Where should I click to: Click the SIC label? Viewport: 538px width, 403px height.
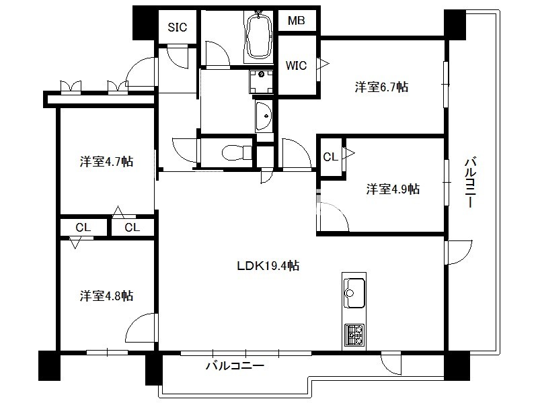point(178,27)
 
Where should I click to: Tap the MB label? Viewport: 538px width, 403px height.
point(297,21)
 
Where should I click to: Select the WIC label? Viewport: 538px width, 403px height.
point(296,65)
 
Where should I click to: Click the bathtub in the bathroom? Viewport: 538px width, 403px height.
point(259,36)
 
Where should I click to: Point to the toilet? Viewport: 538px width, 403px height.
point(237,152)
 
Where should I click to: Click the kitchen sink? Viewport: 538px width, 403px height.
point(354,293)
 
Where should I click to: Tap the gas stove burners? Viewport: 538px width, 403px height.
point(354,334)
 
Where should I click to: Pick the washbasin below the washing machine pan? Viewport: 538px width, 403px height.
point(264,116)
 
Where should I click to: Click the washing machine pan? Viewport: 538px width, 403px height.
point(262,81)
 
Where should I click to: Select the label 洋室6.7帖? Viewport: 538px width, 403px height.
point(381,87)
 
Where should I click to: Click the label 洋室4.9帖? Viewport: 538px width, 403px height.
point(393,189)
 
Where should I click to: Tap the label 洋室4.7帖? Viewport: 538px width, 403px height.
point(106,161)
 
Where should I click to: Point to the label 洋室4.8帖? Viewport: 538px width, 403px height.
point(106,296)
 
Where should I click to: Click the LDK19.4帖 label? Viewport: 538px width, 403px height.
point(268,265)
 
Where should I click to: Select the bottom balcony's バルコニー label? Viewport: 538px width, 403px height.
point(235,365)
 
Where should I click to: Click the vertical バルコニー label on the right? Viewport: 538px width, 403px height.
point(470,182)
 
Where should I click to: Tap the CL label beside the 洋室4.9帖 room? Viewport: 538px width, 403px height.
point(330,157)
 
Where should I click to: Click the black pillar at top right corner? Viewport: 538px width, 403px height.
point(455,25)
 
